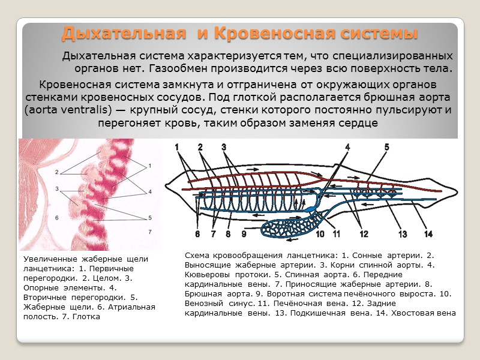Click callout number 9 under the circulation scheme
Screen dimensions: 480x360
click(244, 233)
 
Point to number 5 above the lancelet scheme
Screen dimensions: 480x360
click(386, 146)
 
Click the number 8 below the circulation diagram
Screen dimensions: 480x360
click(228, 233)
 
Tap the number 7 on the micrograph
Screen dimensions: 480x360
click(150, 231)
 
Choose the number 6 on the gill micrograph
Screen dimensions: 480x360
click(57, 218)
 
